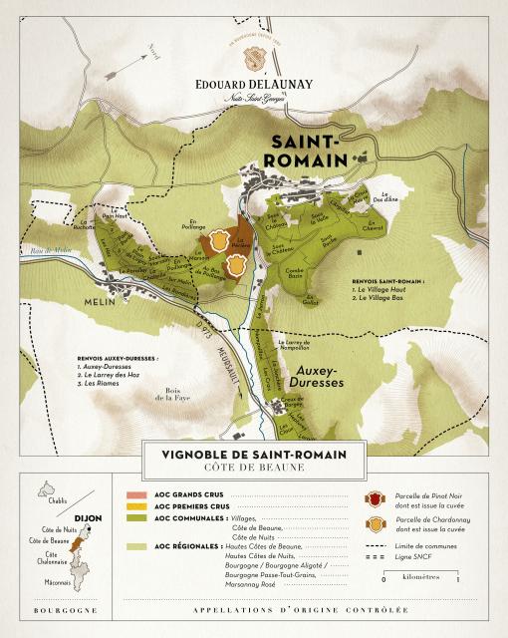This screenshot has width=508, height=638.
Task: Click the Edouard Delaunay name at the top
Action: point(253,84)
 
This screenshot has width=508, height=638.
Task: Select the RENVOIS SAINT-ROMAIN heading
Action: point(388,282)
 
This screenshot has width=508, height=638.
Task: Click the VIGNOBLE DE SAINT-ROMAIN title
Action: point(254,455)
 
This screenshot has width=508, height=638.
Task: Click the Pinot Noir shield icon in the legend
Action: point(375,495)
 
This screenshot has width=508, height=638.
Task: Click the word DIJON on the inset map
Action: point(88,517)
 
